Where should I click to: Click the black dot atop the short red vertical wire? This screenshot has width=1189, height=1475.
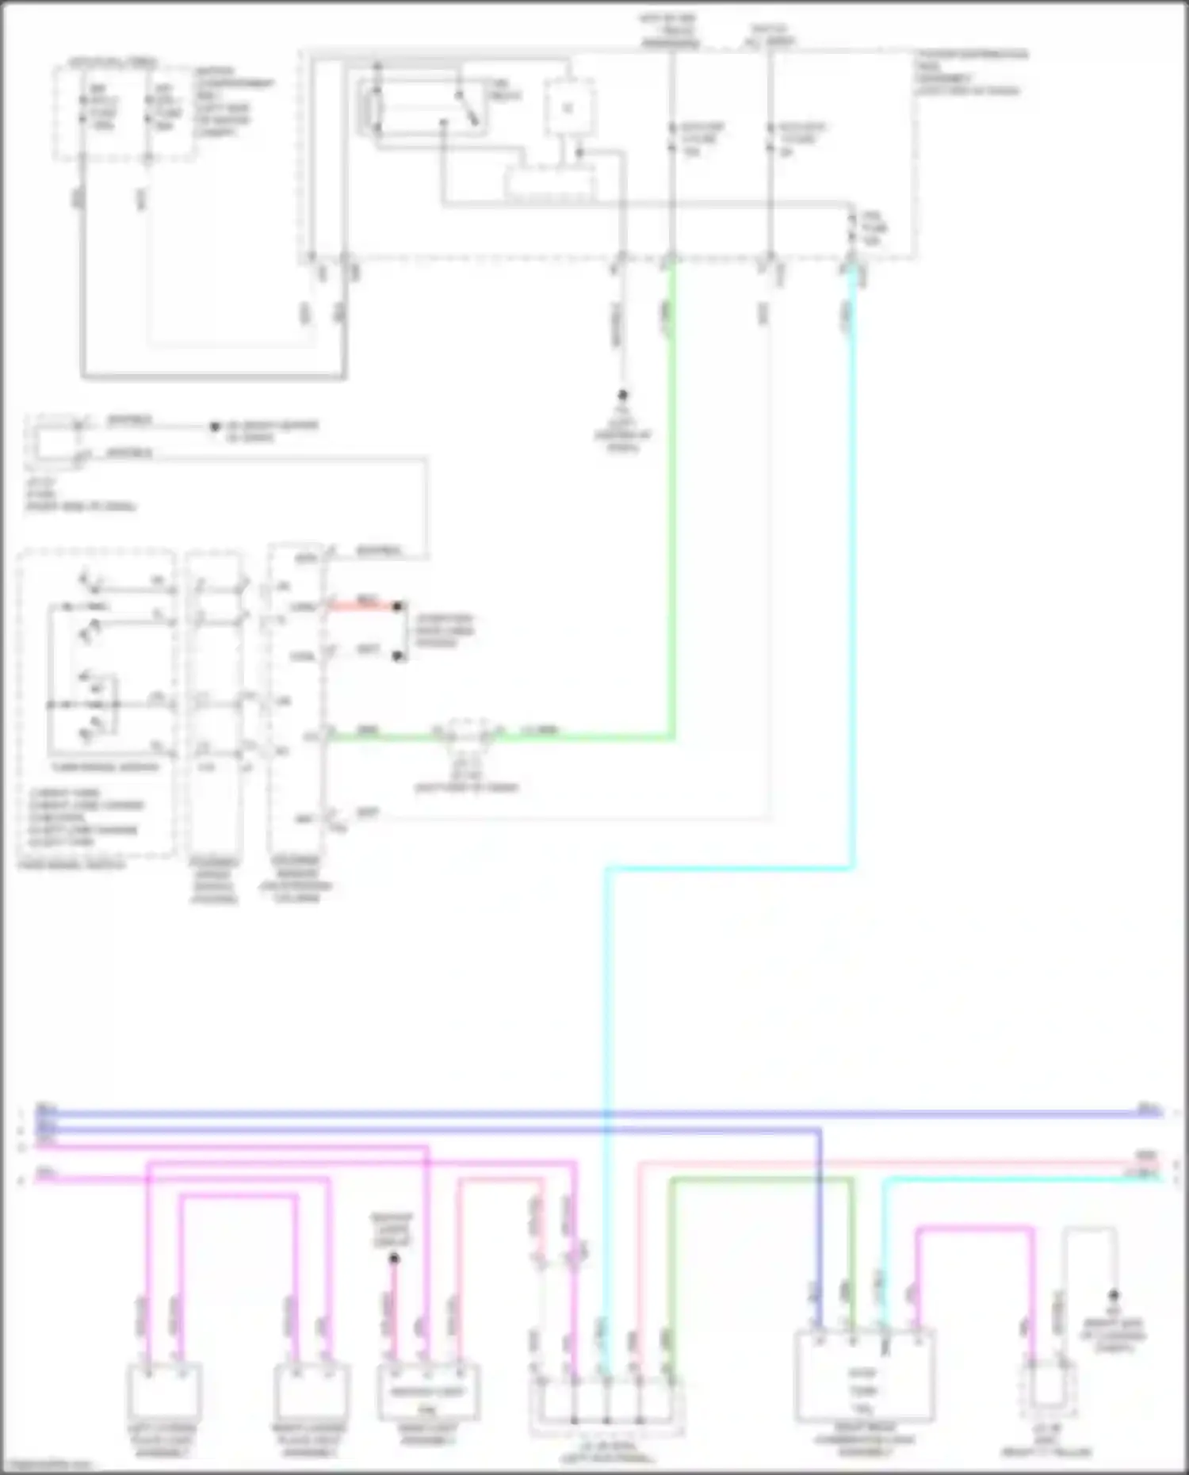(x=394, y=1258)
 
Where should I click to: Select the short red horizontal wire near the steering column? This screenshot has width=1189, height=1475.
(x=365, y=607)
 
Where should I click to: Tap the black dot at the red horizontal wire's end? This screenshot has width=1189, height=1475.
(x=399, y=607)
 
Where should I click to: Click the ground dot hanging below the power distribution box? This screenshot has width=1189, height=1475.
(x=622, y=395)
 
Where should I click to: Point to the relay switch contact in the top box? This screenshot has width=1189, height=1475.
(x=466, y=109)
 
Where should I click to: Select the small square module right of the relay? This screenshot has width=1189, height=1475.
(x=568, y=107)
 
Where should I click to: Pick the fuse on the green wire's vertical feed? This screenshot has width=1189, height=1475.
(x=671, y=139)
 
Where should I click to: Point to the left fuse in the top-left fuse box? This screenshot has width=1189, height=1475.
(x=84, y=109)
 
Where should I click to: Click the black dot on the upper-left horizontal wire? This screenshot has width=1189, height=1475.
(x=214, y=427)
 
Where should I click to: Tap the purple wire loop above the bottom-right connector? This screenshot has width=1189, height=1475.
(x=975, y=1231)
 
